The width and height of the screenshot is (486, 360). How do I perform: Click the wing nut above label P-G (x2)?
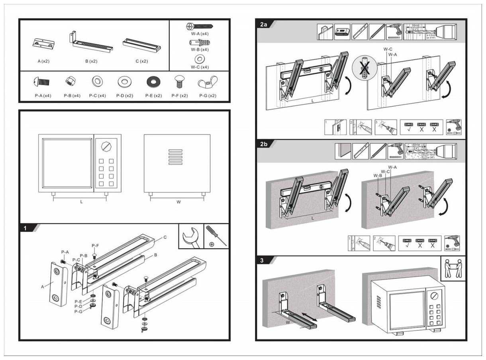207,82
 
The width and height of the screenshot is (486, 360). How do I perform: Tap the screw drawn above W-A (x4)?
199,26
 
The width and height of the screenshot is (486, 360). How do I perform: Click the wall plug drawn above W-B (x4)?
199,43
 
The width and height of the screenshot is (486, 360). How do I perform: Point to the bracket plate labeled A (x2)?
43,43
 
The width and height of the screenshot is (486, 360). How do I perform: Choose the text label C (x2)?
141,61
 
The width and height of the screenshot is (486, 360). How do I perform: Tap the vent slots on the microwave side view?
175,157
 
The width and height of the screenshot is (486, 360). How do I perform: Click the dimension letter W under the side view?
178,202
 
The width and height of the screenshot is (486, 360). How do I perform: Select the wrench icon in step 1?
191,237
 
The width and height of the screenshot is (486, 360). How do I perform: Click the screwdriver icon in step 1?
216,237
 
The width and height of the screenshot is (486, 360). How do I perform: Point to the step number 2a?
264,25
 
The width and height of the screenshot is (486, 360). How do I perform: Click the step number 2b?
264,144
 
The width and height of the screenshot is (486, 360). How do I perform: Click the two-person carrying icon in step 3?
453,268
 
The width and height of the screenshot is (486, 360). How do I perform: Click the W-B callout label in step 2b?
378,175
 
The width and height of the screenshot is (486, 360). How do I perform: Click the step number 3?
262,261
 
